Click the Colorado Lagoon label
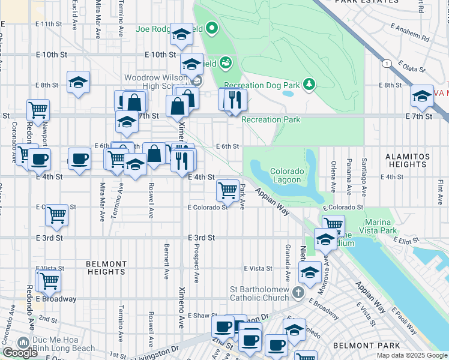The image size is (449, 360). click(287, 175)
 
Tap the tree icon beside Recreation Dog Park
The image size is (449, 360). click(309, 84)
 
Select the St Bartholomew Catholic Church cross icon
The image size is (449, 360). click(298, 293)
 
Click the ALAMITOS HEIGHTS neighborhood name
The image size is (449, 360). click(408, 160)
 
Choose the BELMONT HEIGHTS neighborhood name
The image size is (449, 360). click(106, 268)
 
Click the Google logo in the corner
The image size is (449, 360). click(20, 353)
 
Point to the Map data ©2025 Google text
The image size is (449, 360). click(411, 355)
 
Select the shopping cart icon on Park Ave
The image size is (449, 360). click(228, 191)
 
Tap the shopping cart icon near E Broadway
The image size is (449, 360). click(49, 280)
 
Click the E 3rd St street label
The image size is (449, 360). click(201, 238)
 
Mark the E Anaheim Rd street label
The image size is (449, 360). click(410, 32)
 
